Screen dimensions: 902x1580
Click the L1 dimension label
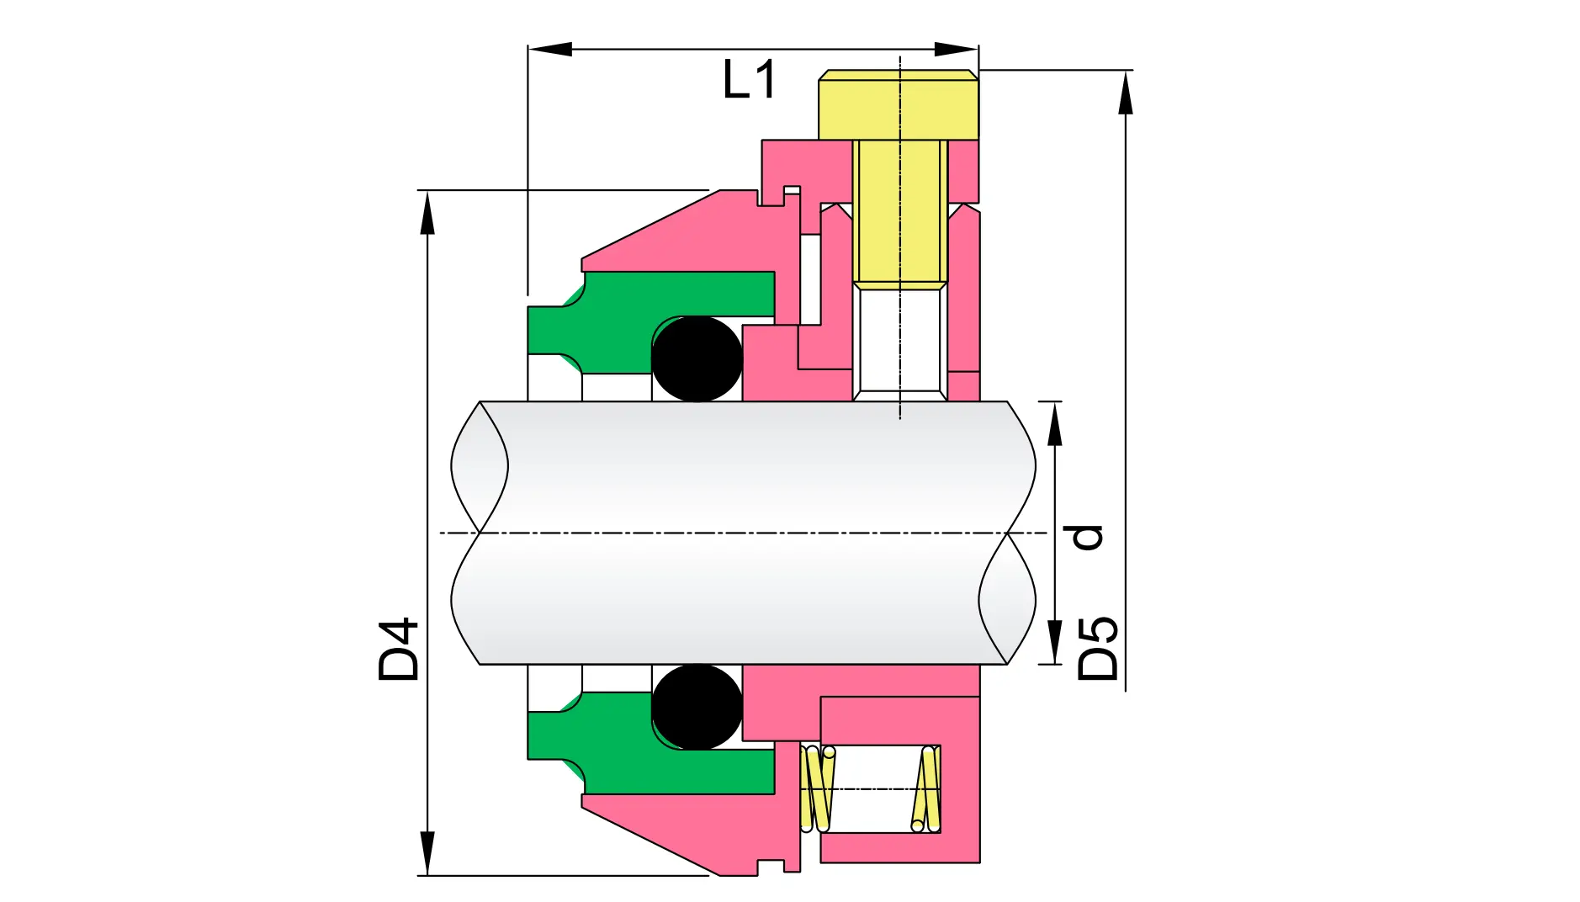click(x=749, y=81)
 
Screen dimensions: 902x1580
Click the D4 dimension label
click(x=399, y=650)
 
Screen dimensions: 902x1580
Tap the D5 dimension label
click(x=1099, y=649)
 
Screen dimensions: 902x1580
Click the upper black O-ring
click(x=697, y=358)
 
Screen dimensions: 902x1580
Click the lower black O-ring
click(x=697, y=707)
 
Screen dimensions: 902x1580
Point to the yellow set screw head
click(x=899, y=105)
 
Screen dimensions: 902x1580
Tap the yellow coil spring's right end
click(x=926, y=788)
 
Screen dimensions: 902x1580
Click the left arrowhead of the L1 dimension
click(x=549, y=49)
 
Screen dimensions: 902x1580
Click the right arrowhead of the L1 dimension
click(x=957, y=49)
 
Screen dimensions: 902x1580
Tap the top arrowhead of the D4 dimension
click(x=427, y=214)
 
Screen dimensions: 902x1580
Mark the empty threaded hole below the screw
click(x=900, y=341)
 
